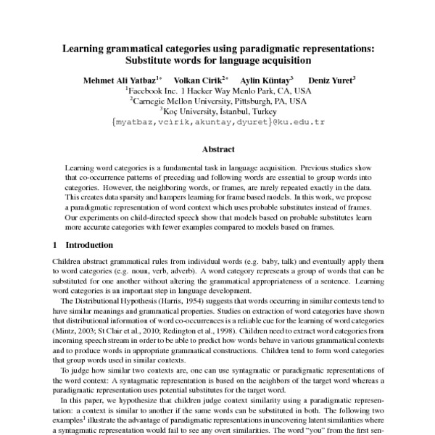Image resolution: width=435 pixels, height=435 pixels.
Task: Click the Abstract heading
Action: [x=217, y=149]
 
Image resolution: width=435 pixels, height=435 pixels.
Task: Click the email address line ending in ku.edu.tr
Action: [x=217, y=123]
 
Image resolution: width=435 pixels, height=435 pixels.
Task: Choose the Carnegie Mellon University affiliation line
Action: [x=217, y=101]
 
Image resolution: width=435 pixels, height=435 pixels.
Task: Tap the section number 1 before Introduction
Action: [x=56, y=244]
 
